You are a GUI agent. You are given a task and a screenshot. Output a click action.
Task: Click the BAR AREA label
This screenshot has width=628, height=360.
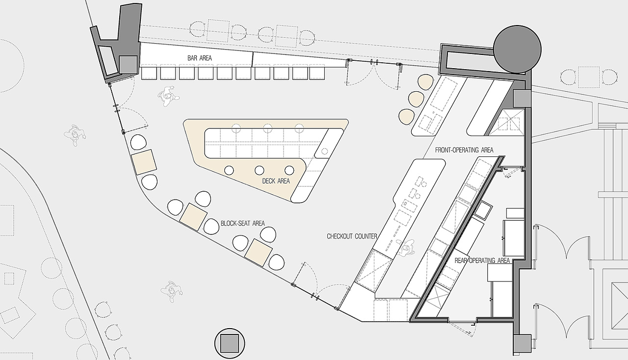point(199,58)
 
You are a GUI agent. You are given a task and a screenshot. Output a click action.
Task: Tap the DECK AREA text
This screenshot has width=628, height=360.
point(276,181)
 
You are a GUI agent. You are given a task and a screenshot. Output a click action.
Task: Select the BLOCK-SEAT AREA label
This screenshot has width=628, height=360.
point(242,224)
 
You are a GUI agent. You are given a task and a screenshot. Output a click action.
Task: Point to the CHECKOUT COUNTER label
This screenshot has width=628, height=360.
point(352,236)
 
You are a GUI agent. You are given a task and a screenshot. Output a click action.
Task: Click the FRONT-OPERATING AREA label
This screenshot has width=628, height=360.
point(464,150)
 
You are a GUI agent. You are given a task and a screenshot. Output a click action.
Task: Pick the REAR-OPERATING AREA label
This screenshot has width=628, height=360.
point(482,260)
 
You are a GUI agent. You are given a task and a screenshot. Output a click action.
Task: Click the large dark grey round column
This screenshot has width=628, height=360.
point(517,50)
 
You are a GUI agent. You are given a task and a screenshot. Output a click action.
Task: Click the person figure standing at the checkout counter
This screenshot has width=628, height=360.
point(406,248)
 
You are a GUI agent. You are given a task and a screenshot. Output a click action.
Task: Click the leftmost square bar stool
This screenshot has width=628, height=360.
point(148,74)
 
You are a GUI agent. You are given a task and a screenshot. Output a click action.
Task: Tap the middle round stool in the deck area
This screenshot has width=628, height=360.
point(259,171)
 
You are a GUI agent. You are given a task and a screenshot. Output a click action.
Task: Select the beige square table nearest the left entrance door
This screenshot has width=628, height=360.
point(144,162)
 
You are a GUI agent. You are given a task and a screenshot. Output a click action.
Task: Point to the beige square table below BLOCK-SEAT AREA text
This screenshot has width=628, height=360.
point(258,253)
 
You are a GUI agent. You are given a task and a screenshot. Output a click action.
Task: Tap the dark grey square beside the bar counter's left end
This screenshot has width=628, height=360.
point(129,64)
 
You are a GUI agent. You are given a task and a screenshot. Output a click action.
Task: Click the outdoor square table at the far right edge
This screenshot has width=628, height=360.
point(588,77)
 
